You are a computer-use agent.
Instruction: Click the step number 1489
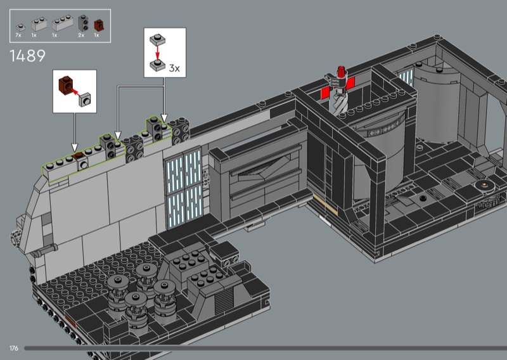[x=27, y=56]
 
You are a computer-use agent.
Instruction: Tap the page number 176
[x=14, y=348]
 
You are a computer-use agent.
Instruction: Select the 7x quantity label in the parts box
[x=18, y=35]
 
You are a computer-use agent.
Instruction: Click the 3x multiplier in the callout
[x=175, y=68]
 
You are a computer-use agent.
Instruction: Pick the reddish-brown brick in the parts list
[x=99, y=25]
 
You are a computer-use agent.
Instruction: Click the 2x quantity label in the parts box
[x=81, y=35]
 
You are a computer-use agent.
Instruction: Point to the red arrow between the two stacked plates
[x=157, y=52]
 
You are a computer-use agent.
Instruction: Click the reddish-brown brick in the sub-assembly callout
[x=66, y=85]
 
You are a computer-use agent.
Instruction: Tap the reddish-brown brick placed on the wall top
[x=78, y=156]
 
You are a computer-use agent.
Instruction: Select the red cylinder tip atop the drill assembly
[x=340, y=72]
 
